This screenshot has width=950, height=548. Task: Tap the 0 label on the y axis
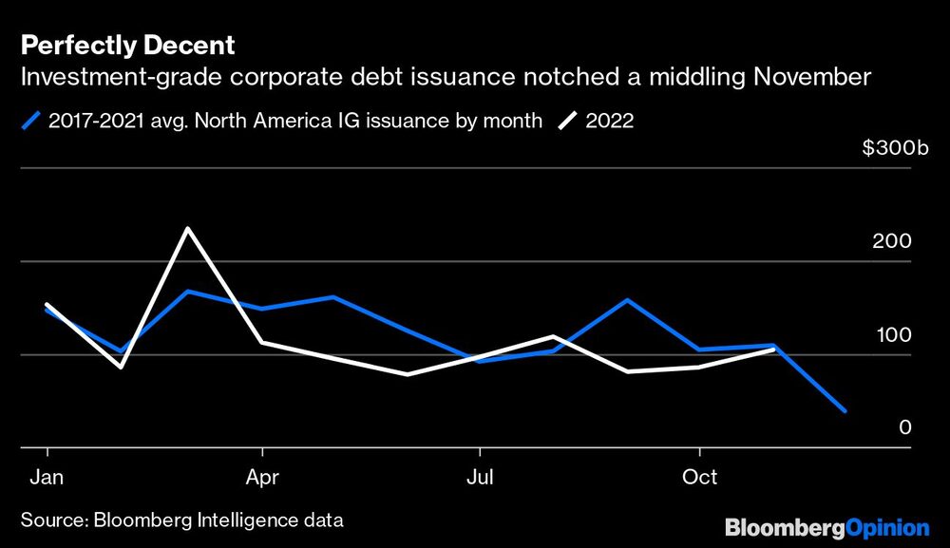(905, 427)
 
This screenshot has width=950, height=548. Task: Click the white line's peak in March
(188, 228)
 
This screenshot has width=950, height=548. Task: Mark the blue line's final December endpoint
(845, 411)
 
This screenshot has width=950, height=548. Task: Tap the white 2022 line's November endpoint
(773, 350)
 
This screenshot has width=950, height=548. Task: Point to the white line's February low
(120, 367)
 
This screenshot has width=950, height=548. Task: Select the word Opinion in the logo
(887, 527)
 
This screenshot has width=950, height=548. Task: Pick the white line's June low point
(408, 374)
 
